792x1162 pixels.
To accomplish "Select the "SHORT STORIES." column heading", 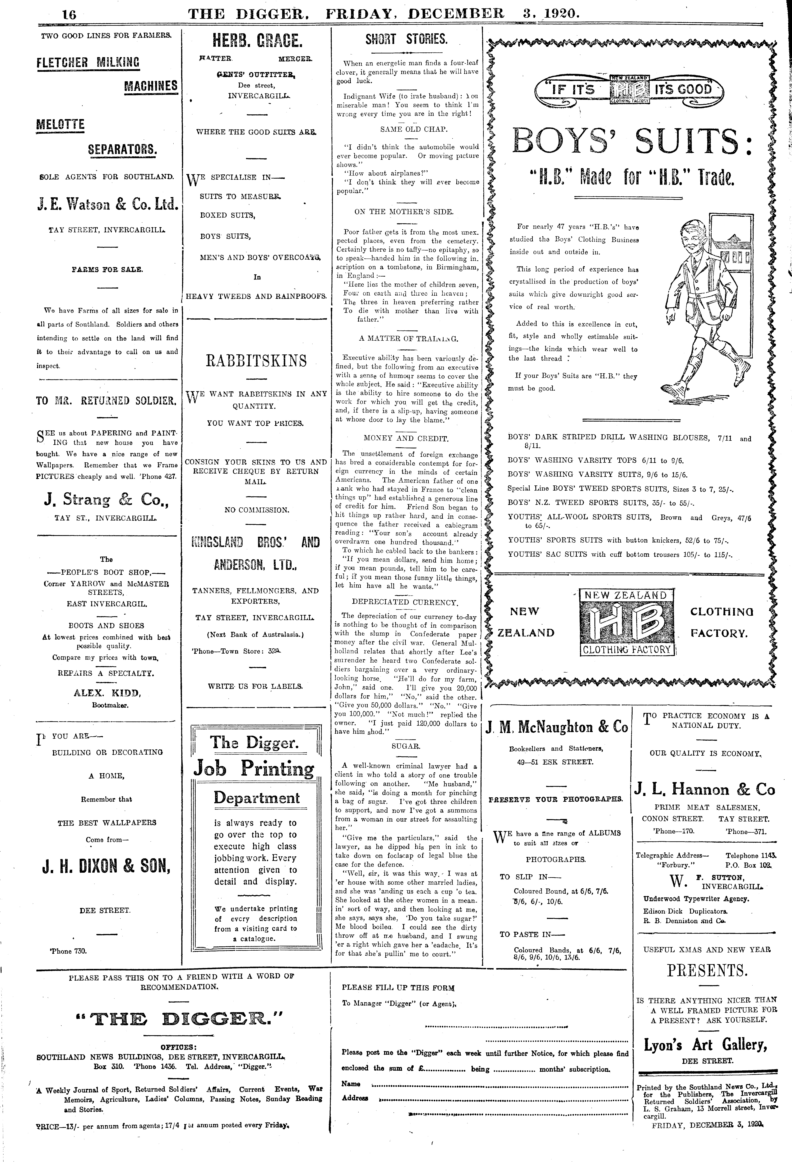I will [406, 39].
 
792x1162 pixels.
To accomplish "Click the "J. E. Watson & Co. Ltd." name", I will [107, 205].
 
